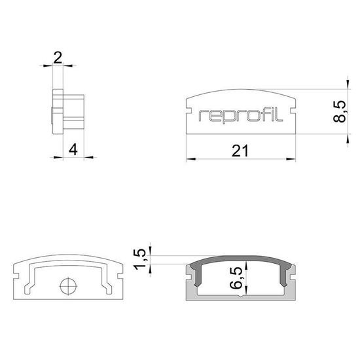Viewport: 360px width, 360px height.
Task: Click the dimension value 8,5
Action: pos(337,113)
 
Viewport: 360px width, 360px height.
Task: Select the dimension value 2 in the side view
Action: pos(58,58)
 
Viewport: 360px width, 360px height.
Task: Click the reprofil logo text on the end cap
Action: pos(240,116)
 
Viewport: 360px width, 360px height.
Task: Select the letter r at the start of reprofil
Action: pos(202,117)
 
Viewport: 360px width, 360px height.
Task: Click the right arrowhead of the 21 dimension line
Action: pos(291,158)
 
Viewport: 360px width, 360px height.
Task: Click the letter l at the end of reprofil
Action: pos(281,115)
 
